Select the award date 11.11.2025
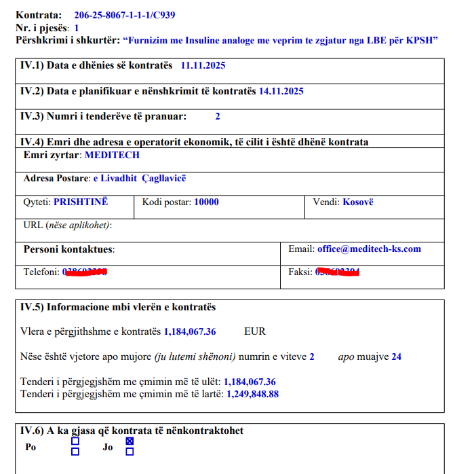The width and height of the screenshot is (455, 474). (203, 66)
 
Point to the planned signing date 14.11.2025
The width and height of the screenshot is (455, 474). (281, 91)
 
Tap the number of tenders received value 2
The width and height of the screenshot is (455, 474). (218, 116)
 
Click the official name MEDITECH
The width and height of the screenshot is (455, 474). (112, 155)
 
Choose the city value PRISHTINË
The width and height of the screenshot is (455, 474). (81, 202)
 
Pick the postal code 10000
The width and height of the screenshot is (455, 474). (206, 202)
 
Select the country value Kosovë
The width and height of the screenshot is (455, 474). (358, 202)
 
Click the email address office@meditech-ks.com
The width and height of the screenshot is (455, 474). (369, 249)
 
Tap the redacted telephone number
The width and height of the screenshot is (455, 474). (85, 272)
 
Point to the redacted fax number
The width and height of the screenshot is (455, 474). (337, 272)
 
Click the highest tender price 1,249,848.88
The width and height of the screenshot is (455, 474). (252, 393)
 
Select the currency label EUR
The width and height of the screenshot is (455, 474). (255, 331)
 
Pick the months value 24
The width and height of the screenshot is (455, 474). (396, 356)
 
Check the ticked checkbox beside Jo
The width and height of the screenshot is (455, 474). (130, 441)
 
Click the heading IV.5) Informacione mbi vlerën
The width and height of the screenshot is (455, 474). (118, 307)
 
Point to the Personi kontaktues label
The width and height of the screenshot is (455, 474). (68, 249)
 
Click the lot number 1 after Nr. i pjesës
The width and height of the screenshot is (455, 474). (77, 28)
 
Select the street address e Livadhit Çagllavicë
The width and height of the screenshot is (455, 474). (140, 178)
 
